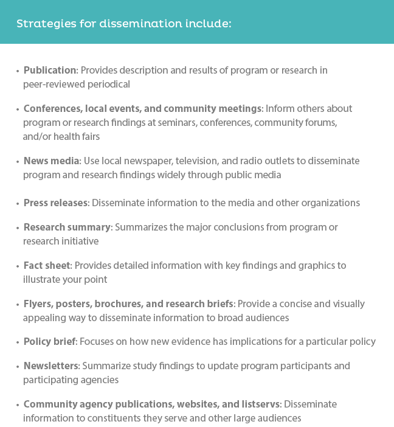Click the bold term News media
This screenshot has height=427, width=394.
click(52, 161)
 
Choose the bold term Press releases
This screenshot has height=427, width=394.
click(57, 203)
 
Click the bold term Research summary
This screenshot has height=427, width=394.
click(67, 227)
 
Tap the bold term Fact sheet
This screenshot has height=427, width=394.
click(47, 266)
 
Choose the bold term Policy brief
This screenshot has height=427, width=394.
click(50, 341)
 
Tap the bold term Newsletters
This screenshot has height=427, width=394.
click(51, 366)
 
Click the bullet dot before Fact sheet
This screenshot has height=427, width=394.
click(18, 266)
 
